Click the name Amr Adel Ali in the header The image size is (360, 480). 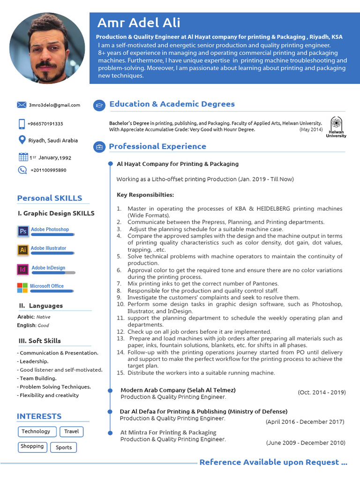click(x=139, y=22)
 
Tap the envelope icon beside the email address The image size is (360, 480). click(x=22, y=105)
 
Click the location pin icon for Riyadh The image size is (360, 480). click(x=22, y=140)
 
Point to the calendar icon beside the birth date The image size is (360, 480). click(x=23, y=157)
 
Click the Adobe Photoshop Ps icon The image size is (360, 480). click(x=23, y=231)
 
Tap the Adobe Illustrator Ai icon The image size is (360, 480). click(x=23, y=250)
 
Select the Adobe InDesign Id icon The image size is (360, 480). click(x=23, y=270)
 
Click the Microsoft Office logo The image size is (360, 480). click(x=22, y=287)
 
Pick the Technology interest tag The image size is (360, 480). click(x=36, y=431)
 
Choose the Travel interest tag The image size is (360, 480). click(x=72, y=431)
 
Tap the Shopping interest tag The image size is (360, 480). click(x=32, y=447)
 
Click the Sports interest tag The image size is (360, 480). click(x=64, y=447)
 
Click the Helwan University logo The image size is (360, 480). click(x=336, y=126)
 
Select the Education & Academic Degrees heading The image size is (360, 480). click(x=172, y=104)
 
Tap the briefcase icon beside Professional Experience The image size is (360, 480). click(x=99, y=147)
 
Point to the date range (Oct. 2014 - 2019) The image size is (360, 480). click(x=322, y=392)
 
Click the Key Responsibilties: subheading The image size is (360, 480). click(x=145, y=195)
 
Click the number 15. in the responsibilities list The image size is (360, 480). click(x=120, y=373)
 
